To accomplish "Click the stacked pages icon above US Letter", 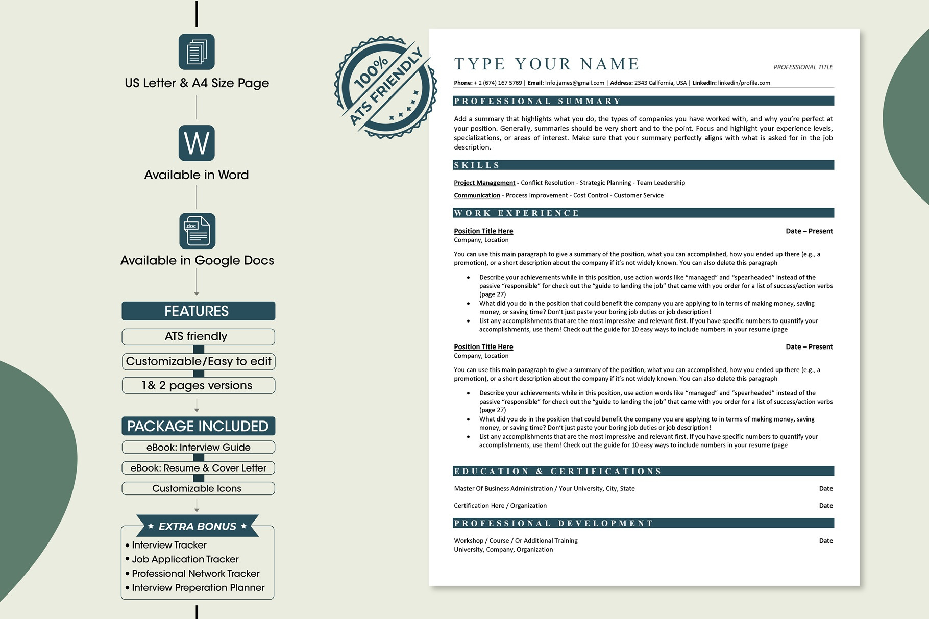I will pos(197,52).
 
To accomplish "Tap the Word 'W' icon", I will pos(197,143).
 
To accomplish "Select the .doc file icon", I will pos(197,231).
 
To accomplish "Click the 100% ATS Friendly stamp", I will pos(385,87).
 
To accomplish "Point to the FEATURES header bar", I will pos(198,311).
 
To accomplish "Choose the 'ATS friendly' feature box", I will pos(198,336).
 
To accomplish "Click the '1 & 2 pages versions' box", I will pos(198,385).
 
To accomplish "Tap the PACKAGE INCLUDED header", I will pos(198,426).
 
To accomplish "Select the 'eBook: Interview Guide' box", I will pos(198,448).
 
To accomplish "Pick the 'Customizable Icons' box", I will pos(198,488).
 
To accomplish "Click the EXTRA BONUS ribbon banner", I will pos(198,526).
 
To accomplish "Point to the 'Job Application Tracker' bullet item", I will pos(185,559).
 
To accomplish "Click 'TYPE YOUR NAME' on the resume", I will pos(547,64).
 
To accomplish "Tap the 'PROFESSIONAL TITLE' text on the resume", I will pos(803,67).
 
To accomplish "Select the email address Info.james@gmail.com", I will pos(574,83).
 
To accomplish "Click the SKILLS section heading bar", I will pos(643,165).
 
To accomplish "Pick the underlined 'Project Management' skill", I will pos(484,183).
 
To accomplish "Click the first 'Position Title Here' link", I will pos(483,231).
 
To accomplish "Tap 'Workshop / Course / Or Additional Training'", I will pos(516,541).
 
